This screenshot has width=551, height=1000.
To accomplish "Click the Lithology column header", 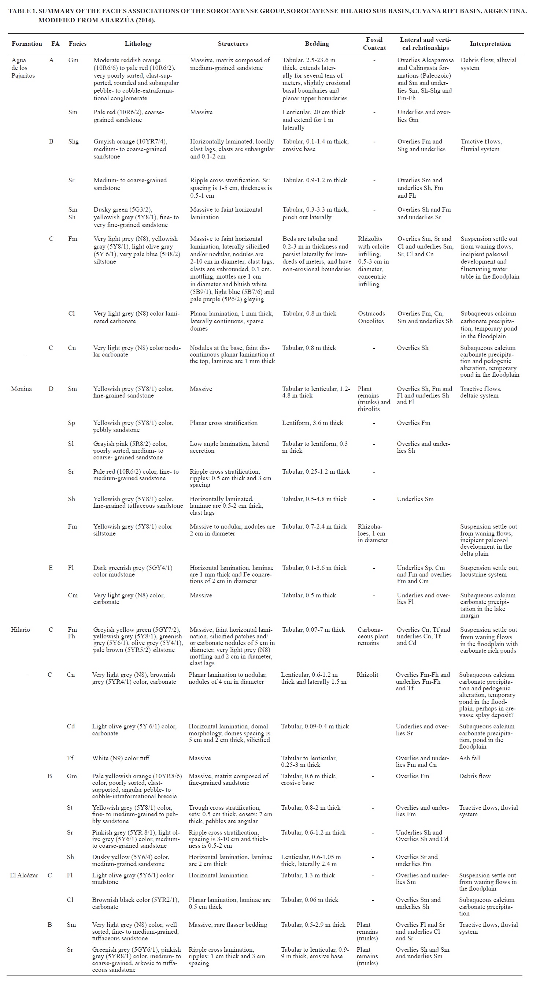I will [x=138, y=44].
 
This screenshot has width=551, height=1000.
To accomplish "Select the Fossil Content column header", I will [x=374, y=44].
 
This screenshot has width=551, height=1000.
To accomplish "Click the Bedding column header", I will [x=317, y=44].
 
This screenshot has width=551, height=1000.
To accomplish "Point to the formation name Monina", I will [x=21, y=389].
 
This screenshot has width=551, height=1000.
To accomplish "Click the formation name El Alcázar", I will [x=24, y=875].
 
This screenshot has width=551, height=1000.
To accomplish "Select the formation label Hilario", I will [x=20, y=629].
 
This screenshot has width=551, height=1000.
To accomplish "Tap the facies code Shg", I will [x=73, y=141].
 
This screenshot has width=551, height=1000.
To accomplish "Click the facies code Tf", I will [x=70, y=758].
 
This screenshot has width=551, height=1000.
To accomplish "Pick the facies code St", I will [x=70, y=807].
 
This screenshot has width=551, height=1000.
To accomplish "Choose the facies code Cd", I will [x=71, y=726].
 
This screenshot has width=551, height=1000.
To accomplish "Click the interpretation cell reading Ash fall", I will [x=470, y=758].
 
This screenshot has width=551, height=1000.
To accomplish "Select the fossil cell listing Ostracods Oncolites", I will [x=371, y=317].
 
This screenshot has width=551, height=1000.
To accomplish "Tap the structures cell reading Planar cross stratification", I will [x=223, y=423].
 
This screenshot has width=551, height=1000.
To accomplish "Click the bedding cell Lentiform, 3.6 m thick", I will [x=313, y=423].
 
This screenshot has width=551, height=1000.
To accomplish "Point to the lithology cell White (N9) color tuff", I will [x=121, y=758].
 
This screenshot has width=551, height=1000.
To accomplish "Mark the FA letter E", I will [x=51, y=568].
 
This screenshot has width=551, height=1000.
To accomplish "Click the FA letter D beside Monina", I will [x=51, y=389].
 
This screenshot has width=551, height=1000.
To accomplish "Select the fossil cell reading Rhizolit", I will [x=367, y=674].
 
